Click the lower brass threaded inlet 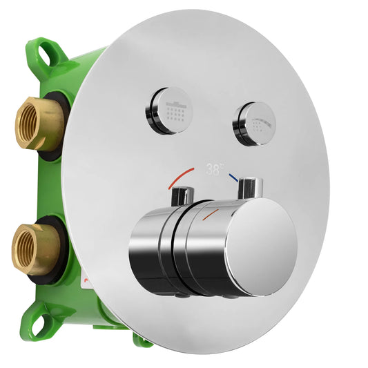35,247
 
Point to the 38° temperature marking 214,167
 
